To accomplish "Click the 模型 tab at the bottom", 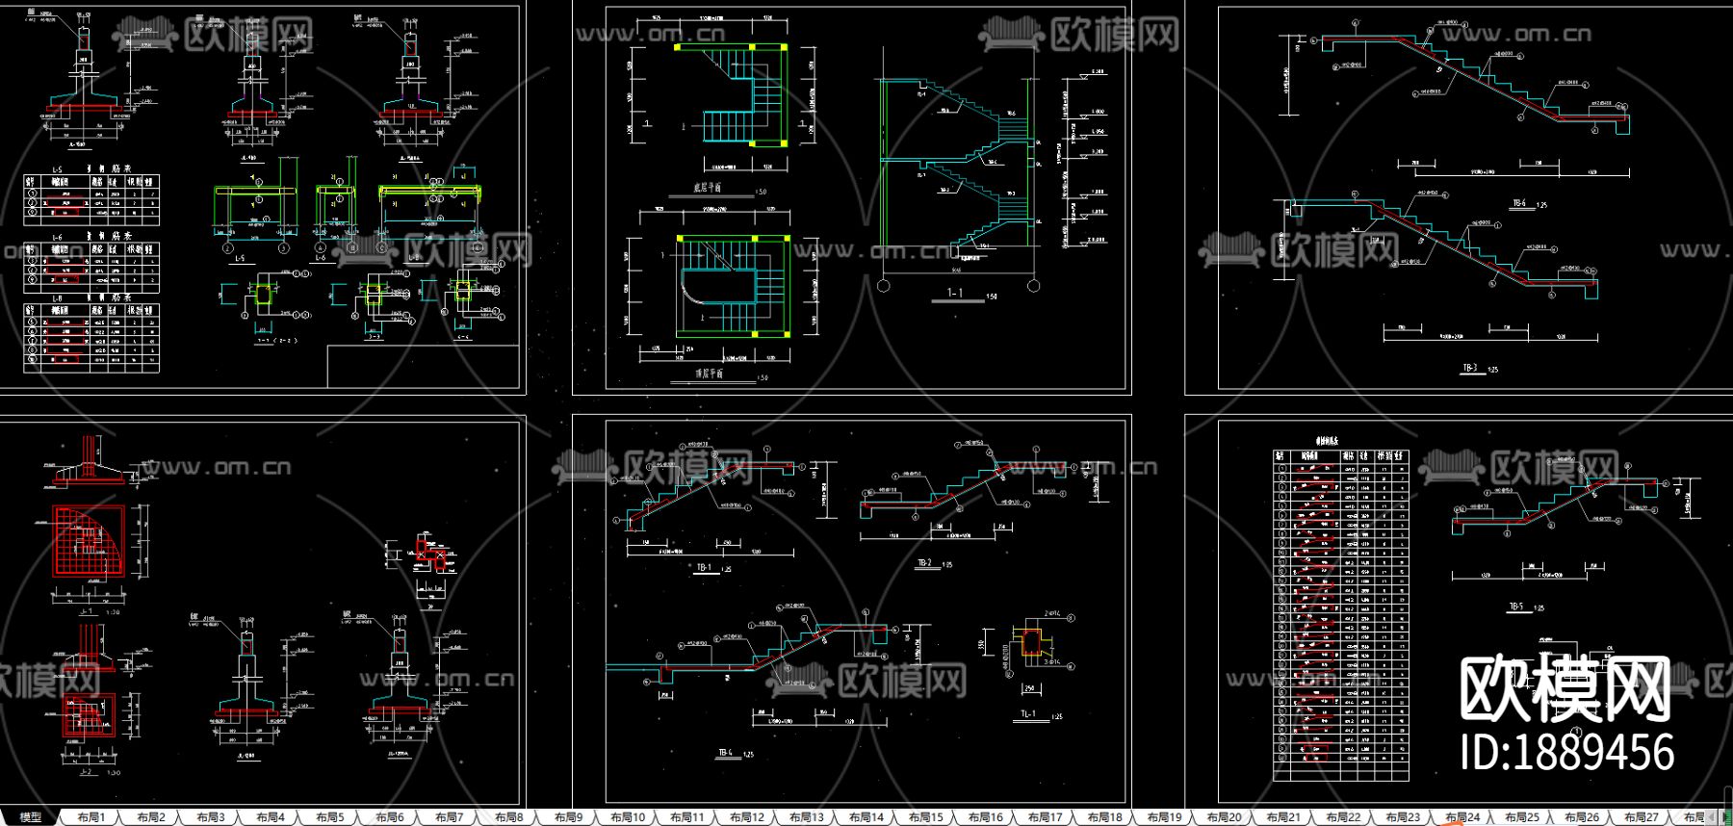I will (x=30, y=817).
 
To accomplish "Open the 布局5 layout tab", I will (x=329, y=817).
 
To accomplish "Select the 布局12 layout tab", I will (x=746, y=817).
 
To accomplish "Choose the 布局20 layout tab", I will (x=1224, y=817).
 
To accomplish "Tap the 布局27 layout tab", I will (x=1642, y=817).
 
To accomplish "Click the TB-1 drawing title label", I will (x=704, y=568).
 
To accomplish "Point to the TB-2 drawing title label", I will (x=925, y=563).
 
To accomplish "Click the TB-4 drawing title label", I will (x=725, y=753).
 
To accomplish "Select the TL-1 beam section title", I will (x=1028, y=714).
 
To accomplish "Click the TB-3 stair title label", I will (x=1469, y=368).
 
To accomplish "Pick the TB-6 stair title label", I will (x=1519, y=204).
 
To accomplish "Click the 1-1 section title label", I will (x=954, y=294).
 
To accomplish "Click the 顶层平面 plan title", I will (x=709, y=374).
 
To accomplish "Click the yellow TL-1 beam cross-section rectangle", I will (x=1030, y=644).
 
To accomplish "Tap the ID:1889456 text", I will (x=1567, y=752).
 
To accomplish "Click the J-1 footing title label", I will (x=86, y=611).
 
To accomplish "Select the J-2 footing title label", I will (x=86, y=771).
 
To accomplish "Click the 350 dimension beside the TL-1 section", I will (x=982, y=644).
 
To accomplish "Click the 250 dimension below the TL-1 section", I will (x=1029, y=688).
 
